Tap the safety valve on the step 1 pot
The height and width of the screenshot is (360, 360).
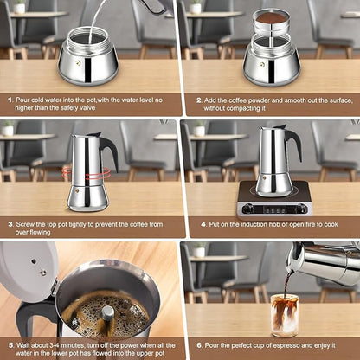pyautogui.click(x=78, y=62)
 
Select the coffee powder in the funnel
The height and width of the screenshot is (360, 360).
pyautogui.click(x=271, y=17)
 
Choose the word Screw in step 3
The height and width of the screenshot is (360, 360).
pyautogui.click(x=27, y=223)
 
